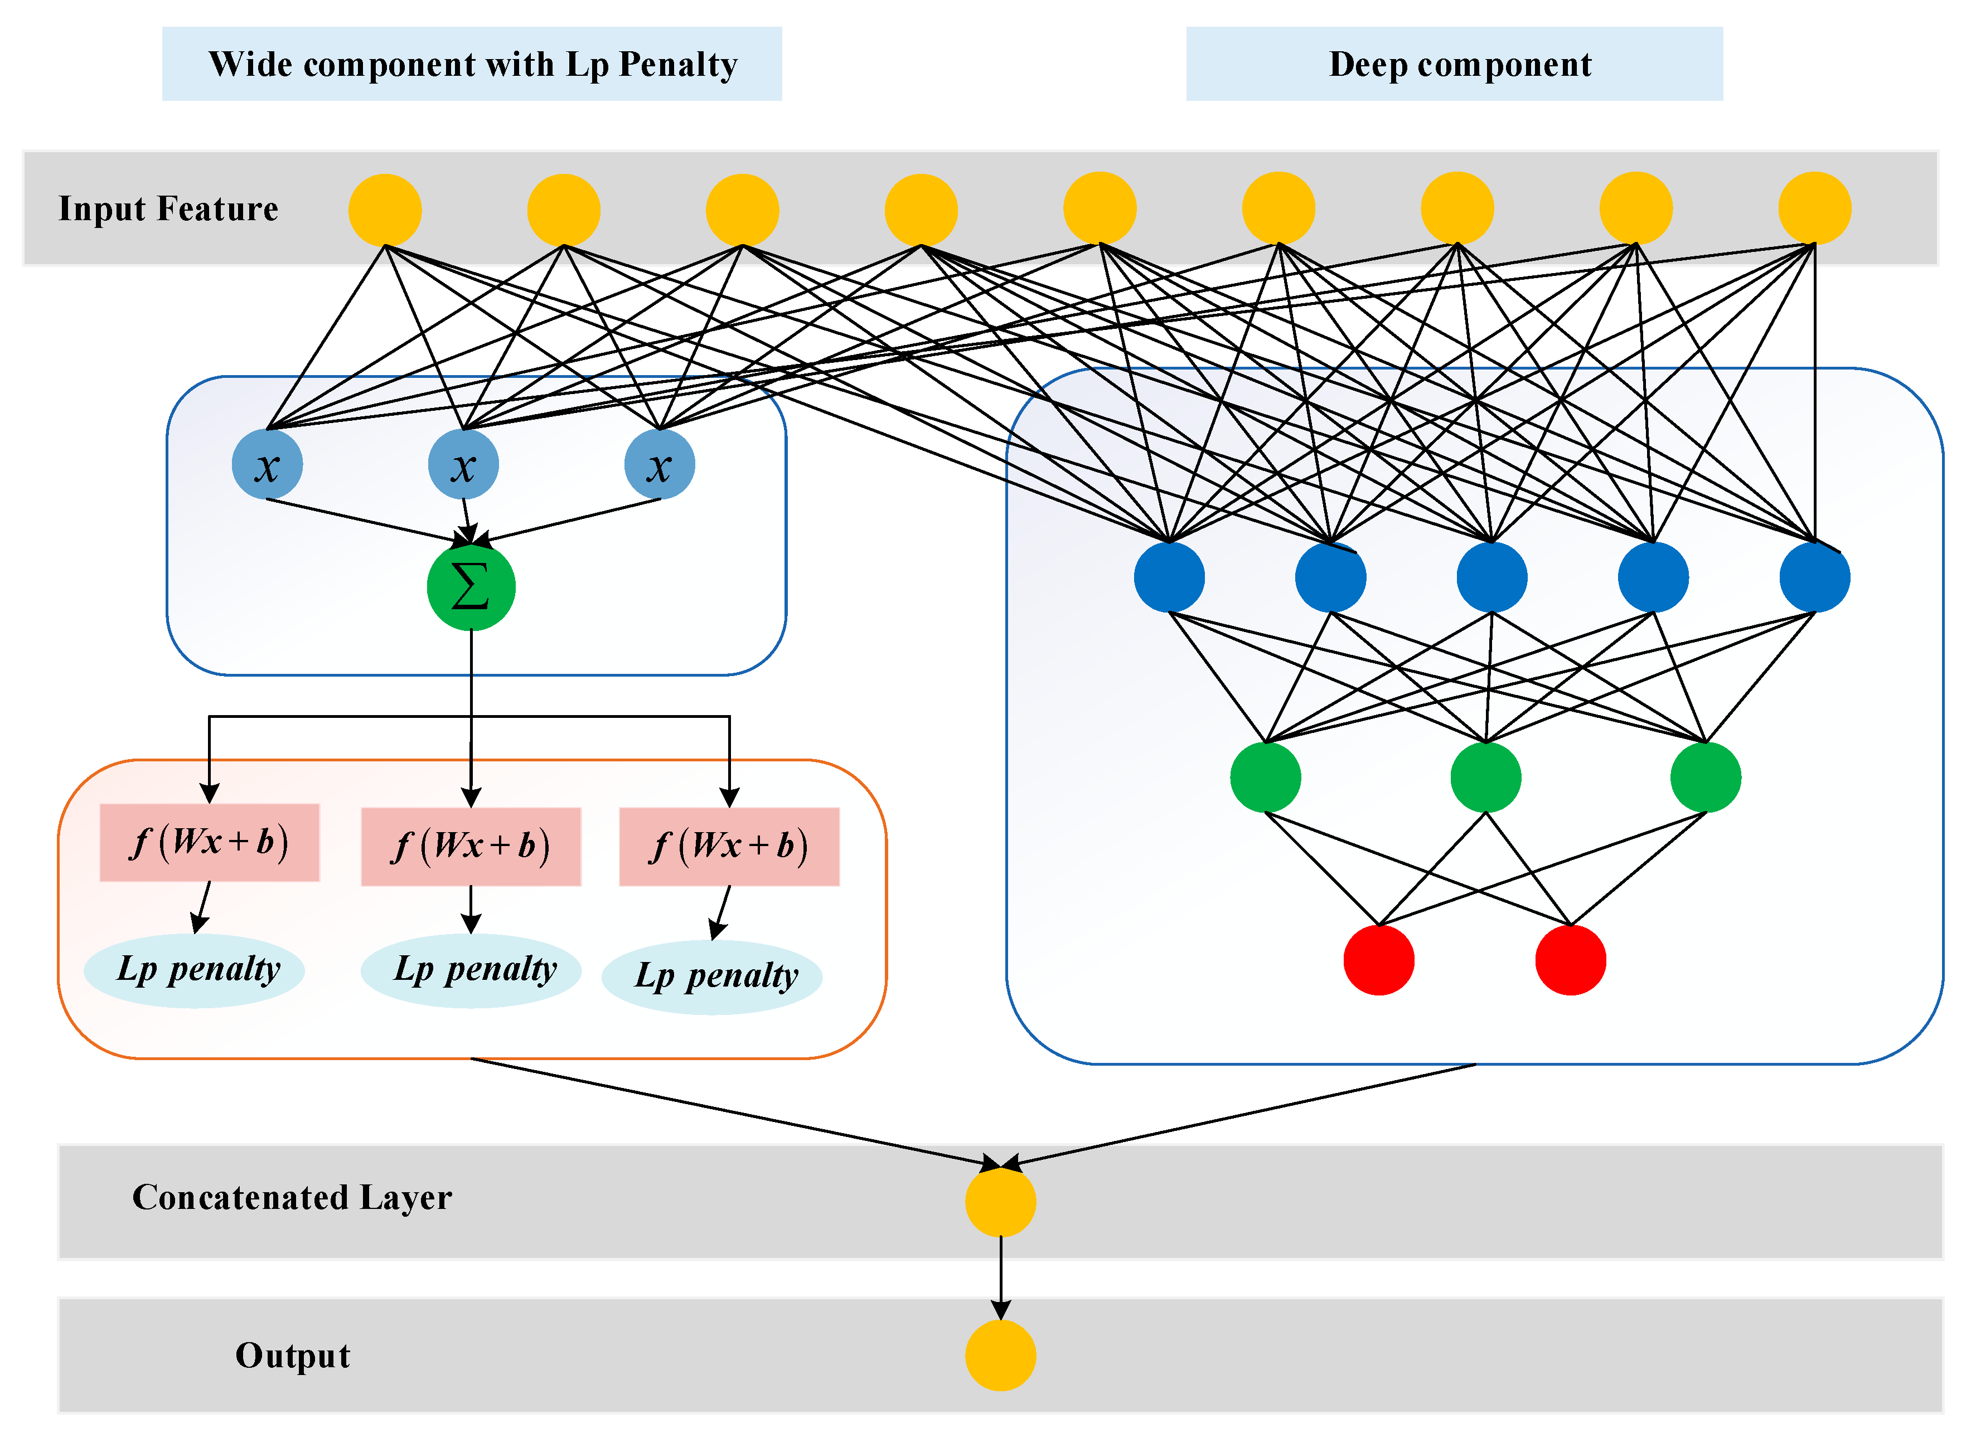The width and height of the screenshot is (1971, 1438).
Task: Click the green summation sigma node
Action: point(471,587)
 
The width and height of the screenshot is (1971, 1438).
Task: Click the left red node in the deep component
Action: point(1378,960)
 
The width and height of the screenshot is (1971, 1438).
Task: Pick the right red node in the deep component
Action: point(1571,960)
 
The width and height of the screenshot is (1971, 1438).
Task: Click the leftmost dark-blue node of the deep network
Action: point(1169,577)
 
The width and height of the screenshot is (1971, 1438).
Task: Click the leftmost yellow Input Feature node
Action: point(385,210)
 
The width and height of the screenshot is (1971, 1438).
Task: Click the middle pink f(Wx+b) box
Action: point(471,846)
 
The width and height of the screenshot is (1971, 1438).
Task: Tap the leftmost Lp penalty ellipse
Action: point(194,970)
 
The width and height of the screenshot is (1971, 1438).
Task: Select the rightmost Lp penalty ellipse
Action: point(712,977)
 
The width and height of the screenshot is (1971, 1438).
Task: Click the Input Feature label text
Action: point(168,209)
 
